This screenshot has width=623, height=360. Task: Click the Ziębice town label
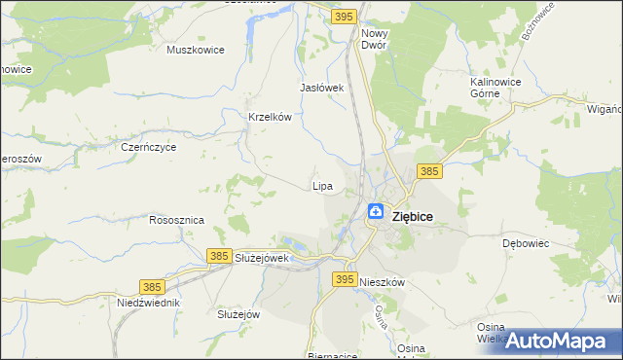click(x=412, y=217)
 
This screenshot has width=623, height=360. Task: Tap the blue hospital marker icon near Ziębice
click(x=375, y=211)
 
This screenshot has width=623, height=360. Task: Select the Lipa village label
click(x=322, y=185)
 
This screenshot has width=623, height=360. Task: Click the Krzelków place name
click(x=271, y=117)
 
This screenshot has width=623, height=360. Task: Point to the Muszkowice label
click(x=196, y=50)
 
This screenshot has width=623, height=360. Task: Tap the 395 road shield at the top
click(x=343, y=17)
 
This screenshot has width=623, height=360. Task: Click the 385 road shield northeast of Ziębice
click(x=429, y=171)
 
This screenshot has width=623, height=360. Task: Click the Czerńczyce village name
click(x=148, y=148)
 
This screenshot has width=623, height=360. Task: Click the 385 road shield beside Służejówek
click(x=219, y=255)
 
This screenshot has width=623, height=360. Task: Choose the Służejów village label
click(x=238, y=314)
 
